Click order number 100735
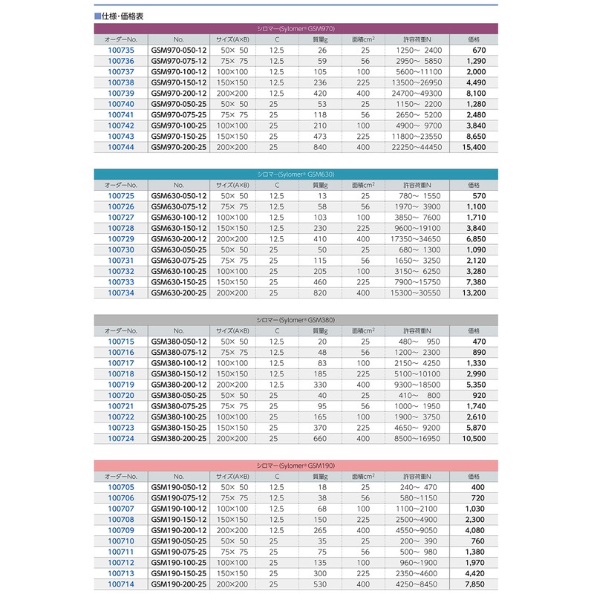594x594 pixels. coord(121,50)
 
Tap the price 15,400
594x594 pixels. coord(473,148)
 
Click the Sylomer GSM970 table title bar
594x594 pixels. coord(296,28)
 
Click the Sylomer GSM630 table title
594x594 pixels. coord(296,174)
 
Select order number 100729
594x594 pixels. coord(121,239)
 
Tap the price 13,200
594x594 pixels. coord(473,293)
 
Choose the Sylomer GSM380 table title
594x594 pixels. coord(296,319)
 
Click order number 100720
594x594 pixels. coord(121,396)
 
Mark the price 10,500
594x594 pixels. coord(473,439)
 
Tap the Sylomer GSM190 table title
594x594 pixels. coord(296,465)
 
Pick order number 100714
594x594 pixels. coord(121,584)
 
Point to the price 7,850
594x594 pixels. coord(474,584)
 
